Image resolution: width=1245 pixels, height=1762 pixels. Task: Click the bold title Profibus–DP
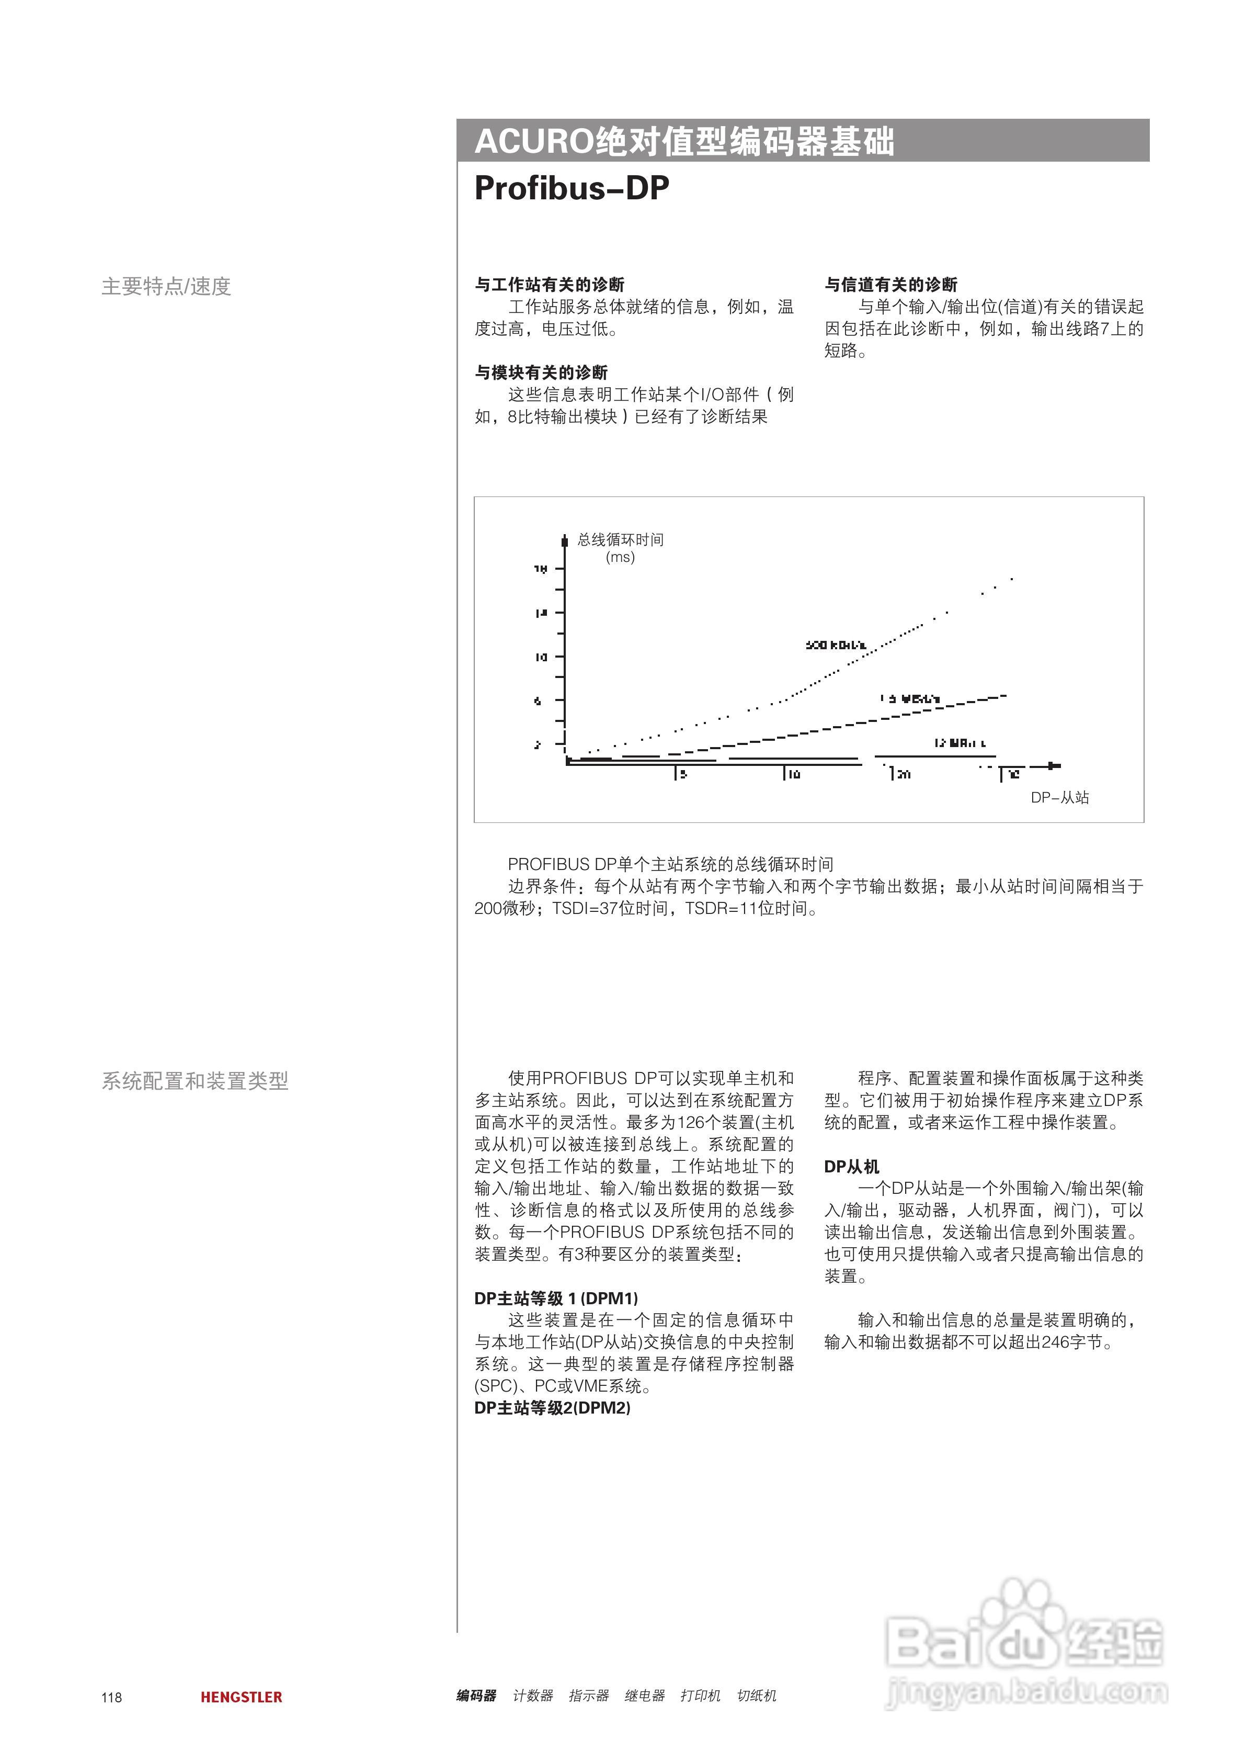(572, 188)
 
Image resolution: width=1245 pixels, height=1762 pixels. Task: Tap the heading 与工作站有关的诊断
(549, 285)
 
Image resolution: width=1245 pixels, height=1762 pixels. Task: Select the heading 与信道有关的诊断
(890, 285)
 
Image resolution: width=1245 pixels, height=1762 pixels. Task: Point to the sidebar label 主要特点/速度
(166, 286)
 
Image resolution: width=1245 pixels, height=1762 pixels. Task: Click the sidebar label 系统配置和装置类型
(195, 1081)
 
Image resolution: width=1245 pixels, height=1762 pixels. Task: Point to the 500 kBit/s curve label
(836, 646)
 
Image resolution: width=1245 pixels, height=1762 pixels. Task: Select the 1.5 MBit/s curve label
(910, 699)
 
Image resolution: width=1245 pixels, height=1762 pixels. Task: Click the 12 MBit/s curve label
(960, 743)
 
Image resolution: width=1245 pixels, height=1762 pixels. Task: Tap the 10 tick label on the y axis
(541, 658)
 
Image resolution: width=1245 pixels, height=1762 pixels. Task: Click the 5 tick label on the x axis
(683, 774)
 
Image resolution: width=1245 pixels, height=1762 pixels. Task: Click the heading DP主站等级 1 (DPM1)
(556, 1298)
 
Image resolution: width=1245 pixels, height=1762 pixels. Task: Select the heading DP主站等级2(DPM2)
(552, 1408)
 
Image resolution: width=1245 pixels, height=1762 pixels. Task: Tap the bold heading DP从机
(851, 1167)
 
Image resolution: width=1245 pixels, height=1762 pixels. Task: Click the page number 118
(111, 1698)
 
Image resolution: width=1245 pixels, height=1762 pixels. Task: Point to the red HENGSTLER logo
(241, 1698)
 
